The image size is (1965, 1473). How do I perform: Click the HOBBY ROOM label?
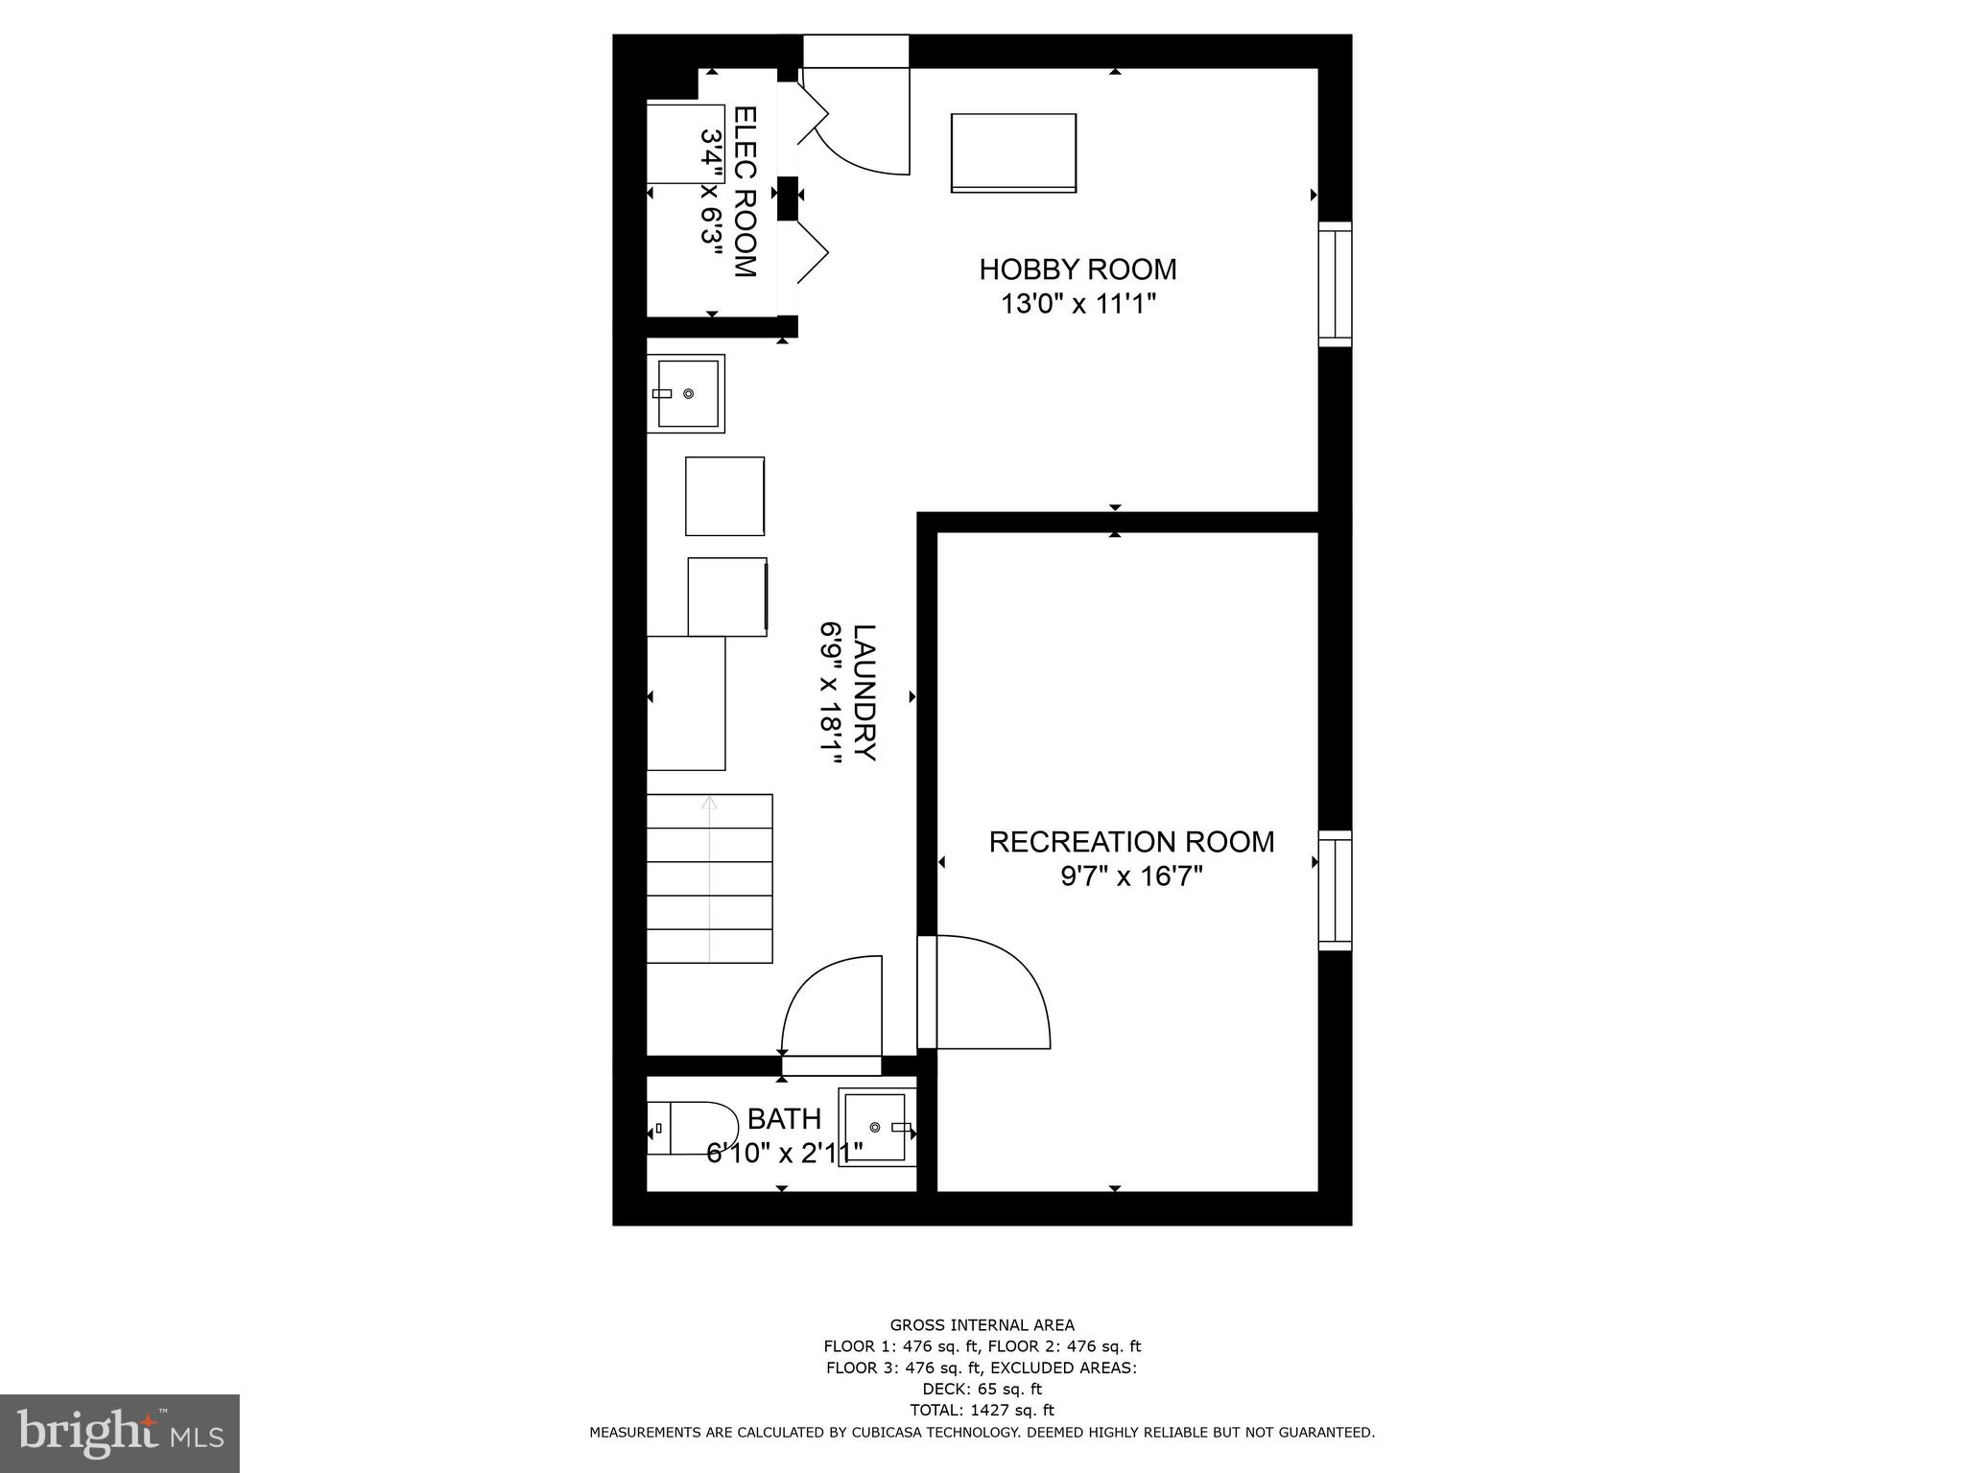1077,269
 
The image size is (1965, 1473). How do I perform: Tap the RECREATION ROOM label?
1131,842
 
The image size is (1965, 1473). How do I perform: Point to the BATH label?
784,1119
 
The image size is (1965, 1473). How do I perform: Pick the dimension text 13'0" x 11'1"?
1077,304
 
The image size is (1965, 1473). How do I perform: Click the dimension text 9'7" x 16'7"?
1131,877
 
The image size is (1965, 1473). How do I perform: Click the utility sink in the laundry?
686,393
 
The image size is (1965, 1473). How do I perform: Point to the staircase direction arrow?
709,877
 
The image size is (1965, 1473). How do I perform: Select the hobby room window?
1335,284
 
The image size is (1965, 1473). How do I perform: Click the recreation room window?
1335,891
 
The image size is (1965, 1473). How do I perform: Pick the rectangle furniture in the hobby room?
1013,153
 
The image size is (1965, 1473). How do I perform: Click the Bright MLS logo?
119,1433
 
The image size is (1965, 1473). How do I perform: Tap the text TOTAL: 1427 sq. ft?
982,1410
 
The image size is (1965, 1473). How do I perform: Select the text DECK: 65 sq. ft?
982,1389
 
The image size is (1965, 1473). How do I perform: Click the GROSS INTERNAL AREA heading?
982,1325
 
